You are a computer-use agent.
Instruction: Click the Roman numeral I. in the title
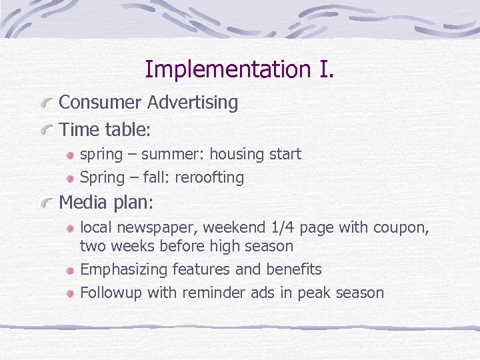321,69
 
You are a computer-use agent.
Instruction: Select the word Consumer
101,103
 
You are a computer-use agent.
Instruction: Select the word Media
83,201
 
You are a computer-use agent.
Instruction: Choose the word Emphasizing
123,270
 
